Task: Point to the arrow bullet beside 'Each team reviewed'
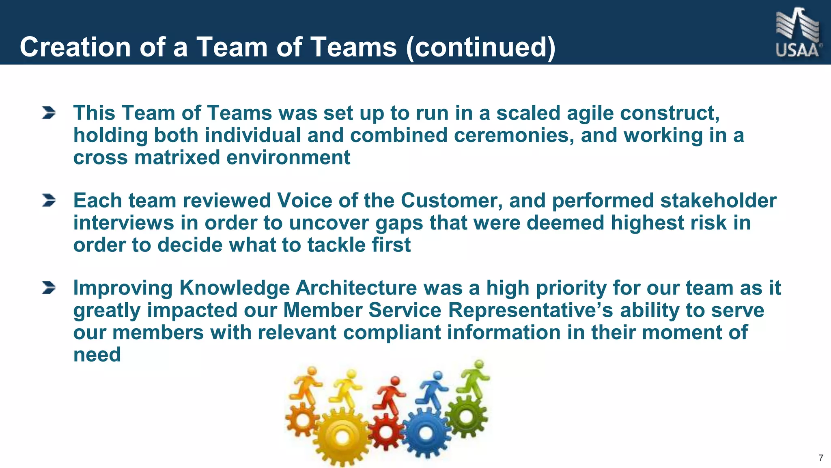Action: [x=49, y=200]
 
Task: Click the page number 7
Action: [x=821, y=458]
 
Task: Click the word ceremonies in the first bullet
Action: [x=514, y=135]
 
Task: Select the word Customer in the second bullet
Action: [x=452, y=201]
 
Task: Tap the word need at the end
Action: [x=97, y=355]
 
